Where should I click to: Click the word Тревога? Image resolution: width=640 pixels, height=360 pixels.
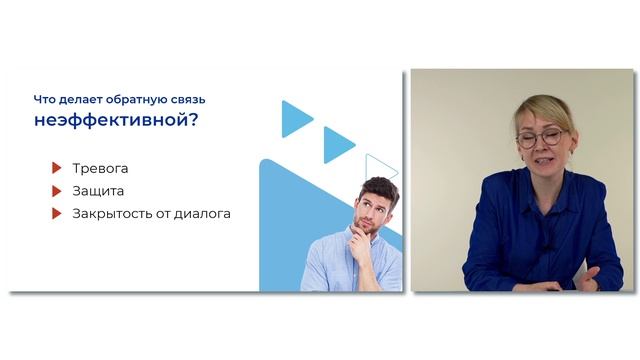pyautogui.click(x=100, y=168)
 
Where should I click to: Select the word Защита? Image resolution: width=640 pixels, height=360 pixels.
pyautogui.click(x=98, y=190)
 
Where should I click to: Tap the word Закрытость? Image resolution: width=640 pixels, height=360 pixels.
pyautogui.click(x=113, y=213)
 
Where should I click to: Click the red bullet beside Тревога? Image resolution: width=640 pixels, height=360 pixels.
pyautogui.click(x=58, y=168)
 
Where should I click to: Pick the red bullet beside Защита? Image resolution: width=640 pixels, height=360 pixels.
pyautogui.click(x=58, y=190)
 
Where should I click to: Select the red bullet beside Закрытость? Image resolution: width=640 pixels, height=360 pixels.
pyautogui.click(x=58, y=213)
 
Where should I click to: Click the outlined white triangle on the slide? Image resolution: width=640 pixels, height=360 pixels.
pyautogui.click(x=381, y=168)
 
